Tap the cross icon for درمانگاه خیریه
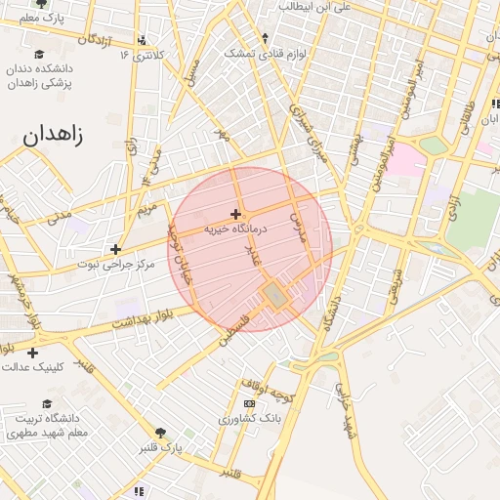(x=235, y=213)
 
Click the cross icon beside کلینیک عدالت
(x=32, y=352)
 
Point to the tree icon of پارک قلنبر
(x=160, y=433)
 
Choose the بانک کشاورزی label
(x=248, y=418)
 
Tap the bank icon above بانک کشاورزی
(x=249, y=403)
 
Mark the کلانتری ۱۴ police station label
(x=143, y=55)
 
